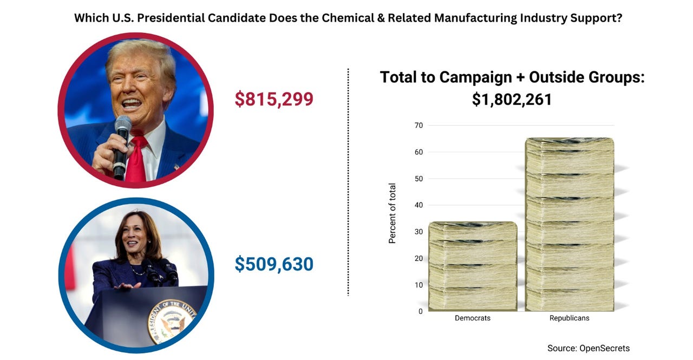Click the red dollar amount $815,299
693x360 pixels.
273,99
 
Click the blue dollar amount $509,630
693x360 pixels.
273,264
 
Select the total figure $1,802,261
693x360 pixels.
512,100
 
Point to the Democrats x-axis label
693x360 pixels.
473,318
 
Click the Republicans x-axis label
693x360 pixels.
570,318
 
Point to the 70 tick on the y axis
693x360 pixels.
417,126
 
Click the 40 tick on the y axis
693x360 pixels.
417,205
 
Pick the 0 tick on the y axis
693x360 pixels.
420,311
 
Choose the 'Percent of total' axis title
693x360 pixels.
393,213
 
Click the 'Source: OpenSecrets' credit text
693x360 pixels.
589,348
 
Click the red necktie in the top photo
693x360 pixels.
136,160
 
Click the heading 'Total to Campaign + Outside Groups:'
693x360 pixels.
512,77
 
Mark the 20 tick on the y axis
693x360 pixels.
417,258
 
